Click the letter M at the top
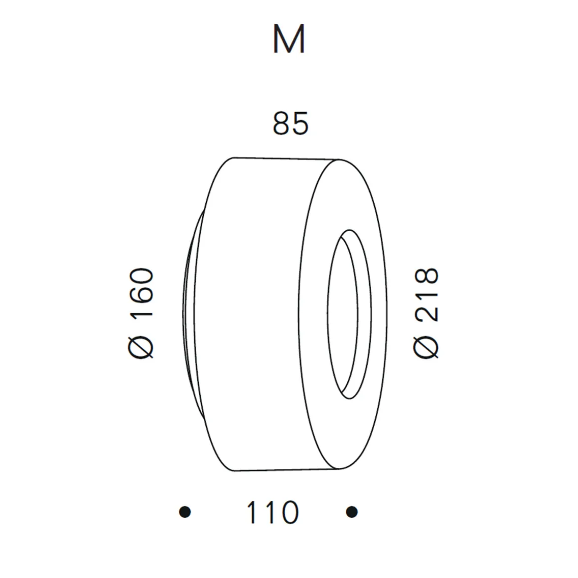(289, 40)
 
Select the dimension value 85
(290, 124)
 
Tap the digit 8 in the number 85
(282, 124)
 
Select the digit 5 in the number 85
(300, 124)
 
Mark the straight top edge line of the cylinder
(287, 158)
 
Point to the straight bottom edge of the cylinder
(289, 470)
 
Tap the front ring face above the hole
(349, 199)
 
